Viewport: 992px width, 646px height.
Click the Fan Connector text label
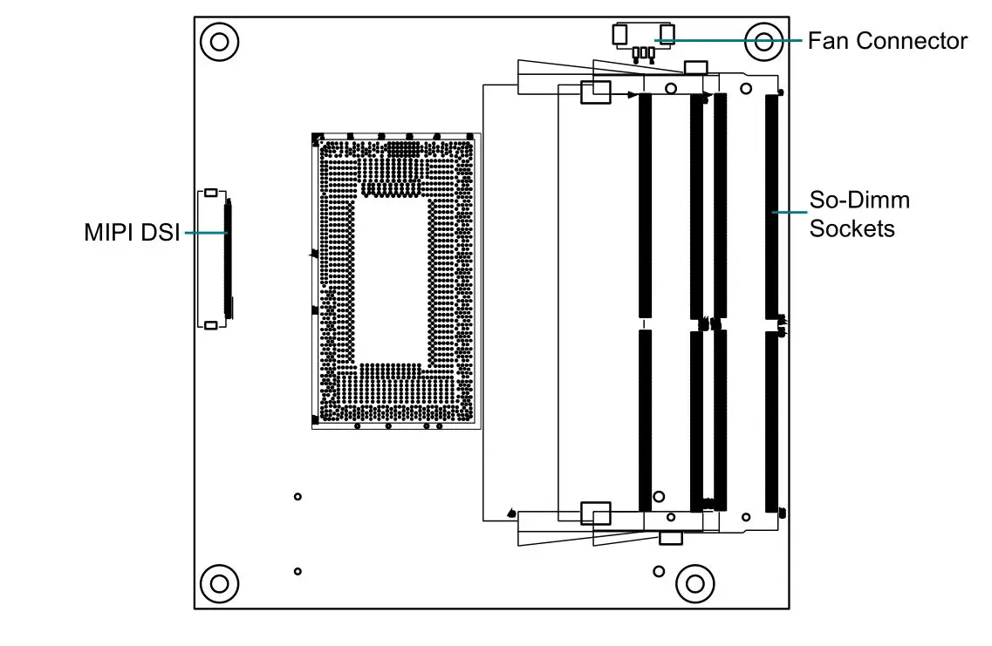pyautogui.click(x=886, y=41)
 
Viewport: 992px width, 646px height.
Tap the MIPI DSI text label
pyautogui.click(x=132, y=233)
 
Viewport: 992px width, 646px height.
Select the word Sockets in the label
pyautogui.click(x=852, y=228)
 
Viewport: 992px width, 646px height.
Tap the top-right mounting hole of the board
pyautogui.click(x=763, y=41)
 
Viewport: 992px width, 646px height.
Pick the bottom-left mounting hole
pyautogui.click(x=218, y=582)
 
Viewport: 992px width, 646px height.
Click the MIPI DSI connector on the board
pyautogui.click(x=215, y=258)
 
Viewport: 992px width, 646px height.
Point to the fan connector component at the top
pyautogui.click(x=644, y=40)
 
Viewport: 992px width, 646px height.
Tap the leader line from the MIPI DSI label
pyautogui.click(x=206, y=233)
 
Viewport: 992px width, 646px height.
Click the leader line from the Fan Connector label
pyautogui.click(x=733, y=40)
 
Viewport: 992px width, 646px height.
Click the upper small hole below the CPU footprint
pyautogui.click(x=298, y=496)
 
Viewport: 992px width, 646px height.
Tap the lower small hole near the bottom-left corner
pyautogui.click(x=298, y=571)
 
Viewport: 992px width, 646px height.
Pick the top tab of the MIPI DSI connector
pyautogui.click(x=210, y=191)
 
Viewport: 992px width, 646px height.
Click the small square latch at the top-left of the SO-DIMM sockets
pyautogui.click(x=597, y=92)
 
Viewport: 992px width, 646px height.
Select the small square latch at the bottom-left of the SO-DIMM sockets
pyautogui.click(x=597, y=513)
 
